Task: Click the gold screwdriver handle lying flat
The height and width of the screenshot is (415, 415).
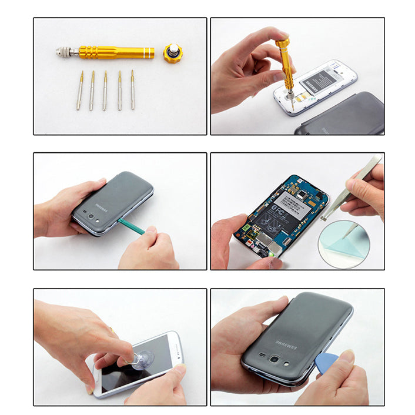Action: pos(118,52)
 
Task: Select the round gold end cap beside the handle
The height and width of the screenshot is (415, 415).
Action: pos(173,53)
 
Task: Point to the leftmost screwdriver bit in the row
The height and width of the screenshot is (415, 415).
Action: pos(80,91)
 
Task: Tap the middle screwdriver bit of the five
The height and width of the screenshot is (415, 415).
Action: pos(105,91)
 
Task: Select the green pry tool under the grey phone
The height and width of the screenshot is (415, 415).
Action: pos(131,226)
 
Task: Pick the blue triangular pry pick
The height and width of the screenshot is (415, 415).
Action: pos(327,362)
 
